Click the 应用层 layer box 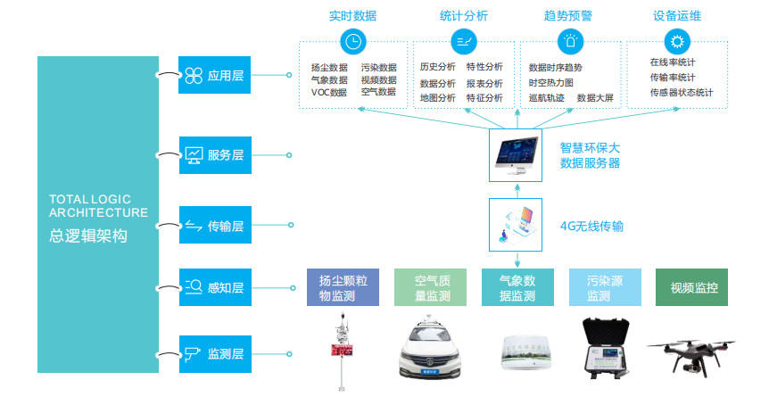click(x=214, y=76)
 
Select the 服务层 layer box click(x=214, y=154)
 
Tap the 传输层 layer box click(x=214, y=226)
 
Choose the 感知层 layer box click(x=214, y=287)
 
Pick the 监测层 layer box click(x=214, y=354)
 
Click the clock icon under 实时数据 click(x=353, y=41)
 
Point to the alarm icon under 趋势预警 click(x=569, y=41)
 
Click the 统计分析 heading click(x=465, y=16)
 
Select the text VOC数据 click(x=328, y=92)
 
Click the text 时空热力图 click(x=550, y=83)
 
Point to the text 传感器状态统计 click(x=682, y=92)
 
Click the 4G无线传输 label click(x=591, y=227)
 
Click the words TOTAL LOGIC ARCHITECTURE click(x=98, y=206)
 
